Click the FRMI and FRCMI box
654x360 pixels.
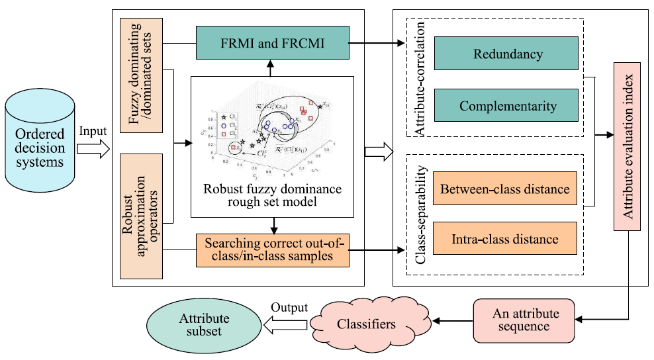(x=272, y=44)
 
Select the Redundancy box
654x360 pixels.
(x=505, y=54)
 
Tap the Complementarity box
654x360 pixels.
(x=505, y=105)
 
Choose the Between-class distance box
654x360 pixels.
(x=505, y=189)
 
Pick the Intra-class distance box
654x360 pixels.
(x=505, y=239)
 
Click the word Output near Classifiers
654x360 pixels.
(x=289, y=307)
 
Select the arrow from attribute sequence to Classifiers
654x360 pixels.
(x=451, y=322)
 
